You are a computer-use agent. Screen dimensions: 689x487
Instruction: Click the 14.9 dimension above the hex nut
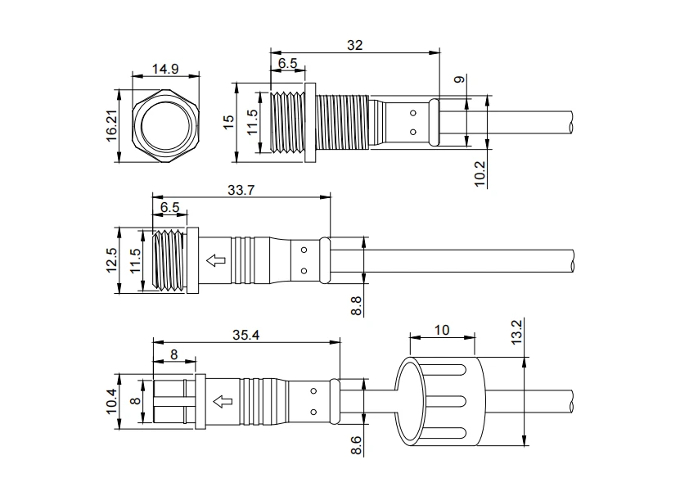click(x=165, y=69)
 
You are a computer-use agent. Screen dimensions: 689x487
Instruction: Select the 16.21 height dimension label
click(x=111, y=126)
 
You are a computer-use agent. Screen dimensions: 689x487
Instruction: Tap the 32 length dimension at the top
click(x=354, y=45)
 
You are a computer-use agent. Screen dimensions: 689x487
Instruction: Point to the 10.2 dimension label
click(x=480, y=174)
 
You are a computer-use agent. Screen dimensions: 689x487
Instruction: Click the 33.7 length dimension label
click(x=241, y=191)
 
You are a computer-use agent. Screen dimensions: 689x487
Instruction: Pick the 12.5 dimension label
click(x=111, y=260)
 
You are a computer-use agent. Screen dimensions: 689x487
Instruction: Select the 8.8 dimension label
click(x=356, y=305)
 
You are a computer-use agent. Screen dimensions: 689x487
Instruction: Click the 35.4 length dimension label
click(x=246, y=335)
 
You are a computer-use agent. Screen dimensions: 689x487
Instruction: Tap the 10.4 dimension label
click(x=111, y=401)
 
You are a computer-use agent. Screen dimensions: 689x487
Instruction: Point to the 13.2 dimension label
click(x=517, y=331)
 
